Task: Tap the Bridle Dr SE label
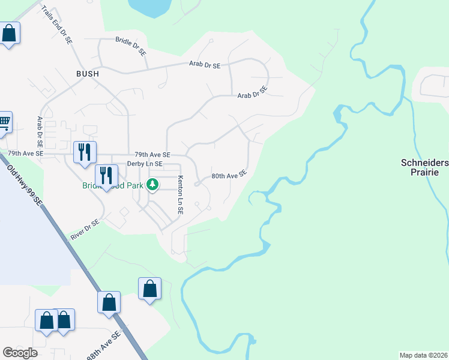click(x=131, y=47)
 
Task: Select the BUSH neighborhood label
click(x=87, y=73)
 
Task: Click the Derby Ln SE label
click(x=144, y=164)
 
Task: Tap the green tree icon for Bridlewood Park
click(x=153, y=184)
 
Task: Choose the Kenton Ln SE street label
click(x=179, y=195)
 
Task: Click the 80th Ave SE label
click(x=229, y=175)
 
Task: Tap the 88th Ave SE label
click(x=103, y=346)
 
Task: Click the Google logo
click(x=20, y=353)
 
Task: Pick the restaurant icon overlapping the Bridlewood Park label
click(x=106, y=175)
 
